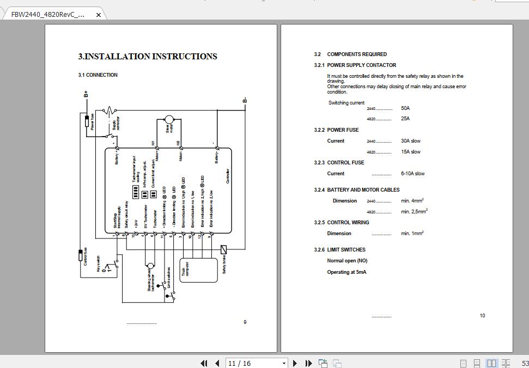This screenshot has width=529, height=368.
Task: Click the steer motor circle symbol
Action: tap(168, 119)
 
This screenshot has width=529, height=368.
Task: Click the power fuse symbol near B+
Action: tap(86, 121)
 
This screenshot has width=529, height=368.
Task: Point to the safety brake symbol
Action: tap(223, 249)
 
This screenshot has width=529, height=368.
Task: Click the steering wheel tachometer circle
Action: tap(150, 266)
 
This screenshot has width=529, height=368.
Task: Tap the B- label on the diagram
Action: tap(245, 100)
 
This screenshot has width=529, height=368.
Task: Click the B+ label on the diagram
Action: tap(86, 94)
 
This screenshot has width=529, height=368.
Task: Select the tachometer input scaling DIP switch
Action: tap(136, 192)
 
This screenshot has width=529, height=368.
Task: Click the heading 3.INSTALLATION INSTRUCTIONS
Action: tap(148, 57)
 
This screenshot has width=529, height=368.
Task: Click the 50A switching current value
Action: tap(405, 108)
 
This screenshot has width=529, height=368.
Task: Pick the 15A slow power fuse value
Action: tap(411, 152)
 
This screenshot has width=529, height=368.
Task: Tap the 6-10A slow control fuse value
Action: tap(412, 174)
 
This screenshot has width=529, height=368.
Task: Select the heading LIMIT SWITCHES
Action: tap(346, 250)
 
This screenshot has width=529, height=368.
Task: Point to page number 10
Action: tap(482, 316)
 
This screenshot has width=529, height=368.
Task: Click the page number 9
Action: tap(245, 322)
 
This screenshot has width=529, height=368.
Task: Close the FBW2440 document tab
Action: tap(98, 15)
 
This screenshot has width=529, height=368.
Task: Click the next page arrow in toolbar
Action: tap(295, 363)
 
